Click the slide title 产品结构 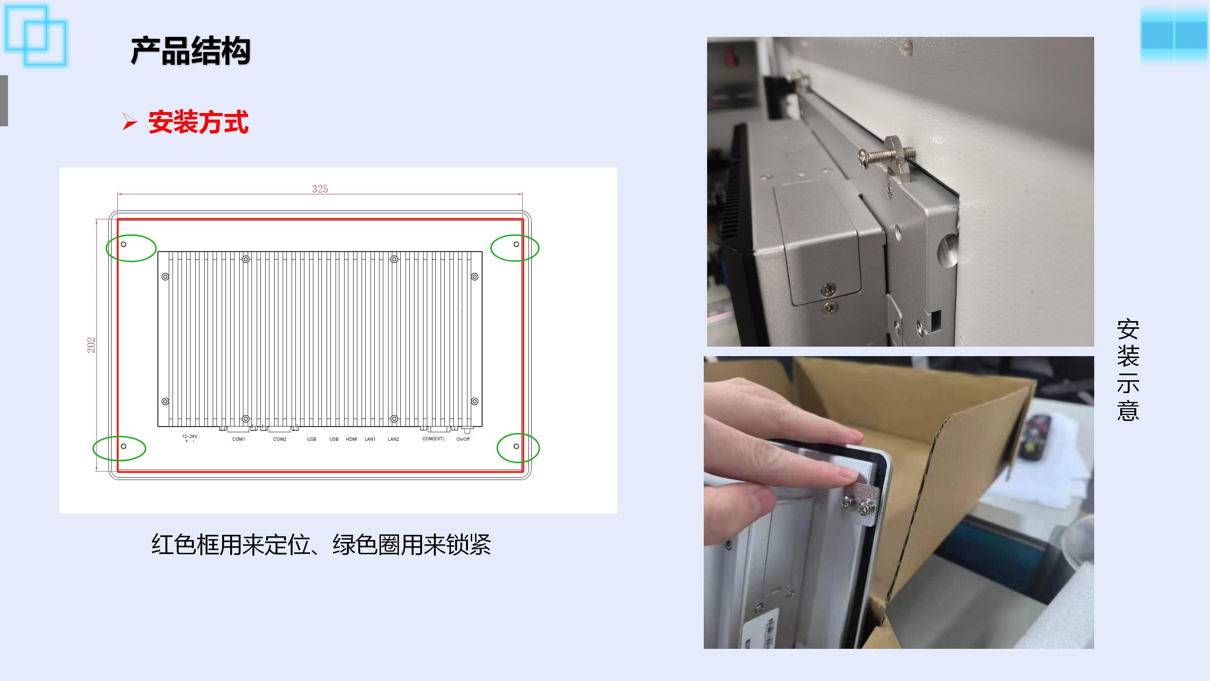pyautogui.click(x=190, y=51)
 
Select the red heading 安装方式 pyautogui.click(x=199, y=122)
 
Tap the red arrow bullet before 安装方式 pyautogui.click(x=130, y=122)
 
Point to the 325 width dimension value pyautogui.click(x=320, y=189)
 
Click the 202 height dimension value pyautogui.click(x=91, y=345)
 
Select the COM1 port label pyautogui.click(x=239, y=439)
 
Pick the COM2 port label pyautogui.click(x=280, y=439)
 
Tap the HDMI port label pyautogui.click(x=352, y=439)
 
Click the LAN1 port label pyautogui.click(x=370, y=439)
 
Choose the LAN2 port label pyautogui.click(x=393, y=439)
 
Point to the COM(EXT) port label pyautogui.click(x=433, y=439)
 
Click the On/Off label pyautogui.click(x=463, y=439)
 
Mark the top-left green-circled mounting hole pyautogui.click(x=124, y=244)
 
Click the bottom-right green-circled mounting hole pyautogui.click(x=516, y=446)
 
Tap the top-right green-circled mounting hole pyautogui.click(x=516, y=244)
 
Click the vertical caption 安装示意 pyautogui.click(x=1128, y=370)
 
